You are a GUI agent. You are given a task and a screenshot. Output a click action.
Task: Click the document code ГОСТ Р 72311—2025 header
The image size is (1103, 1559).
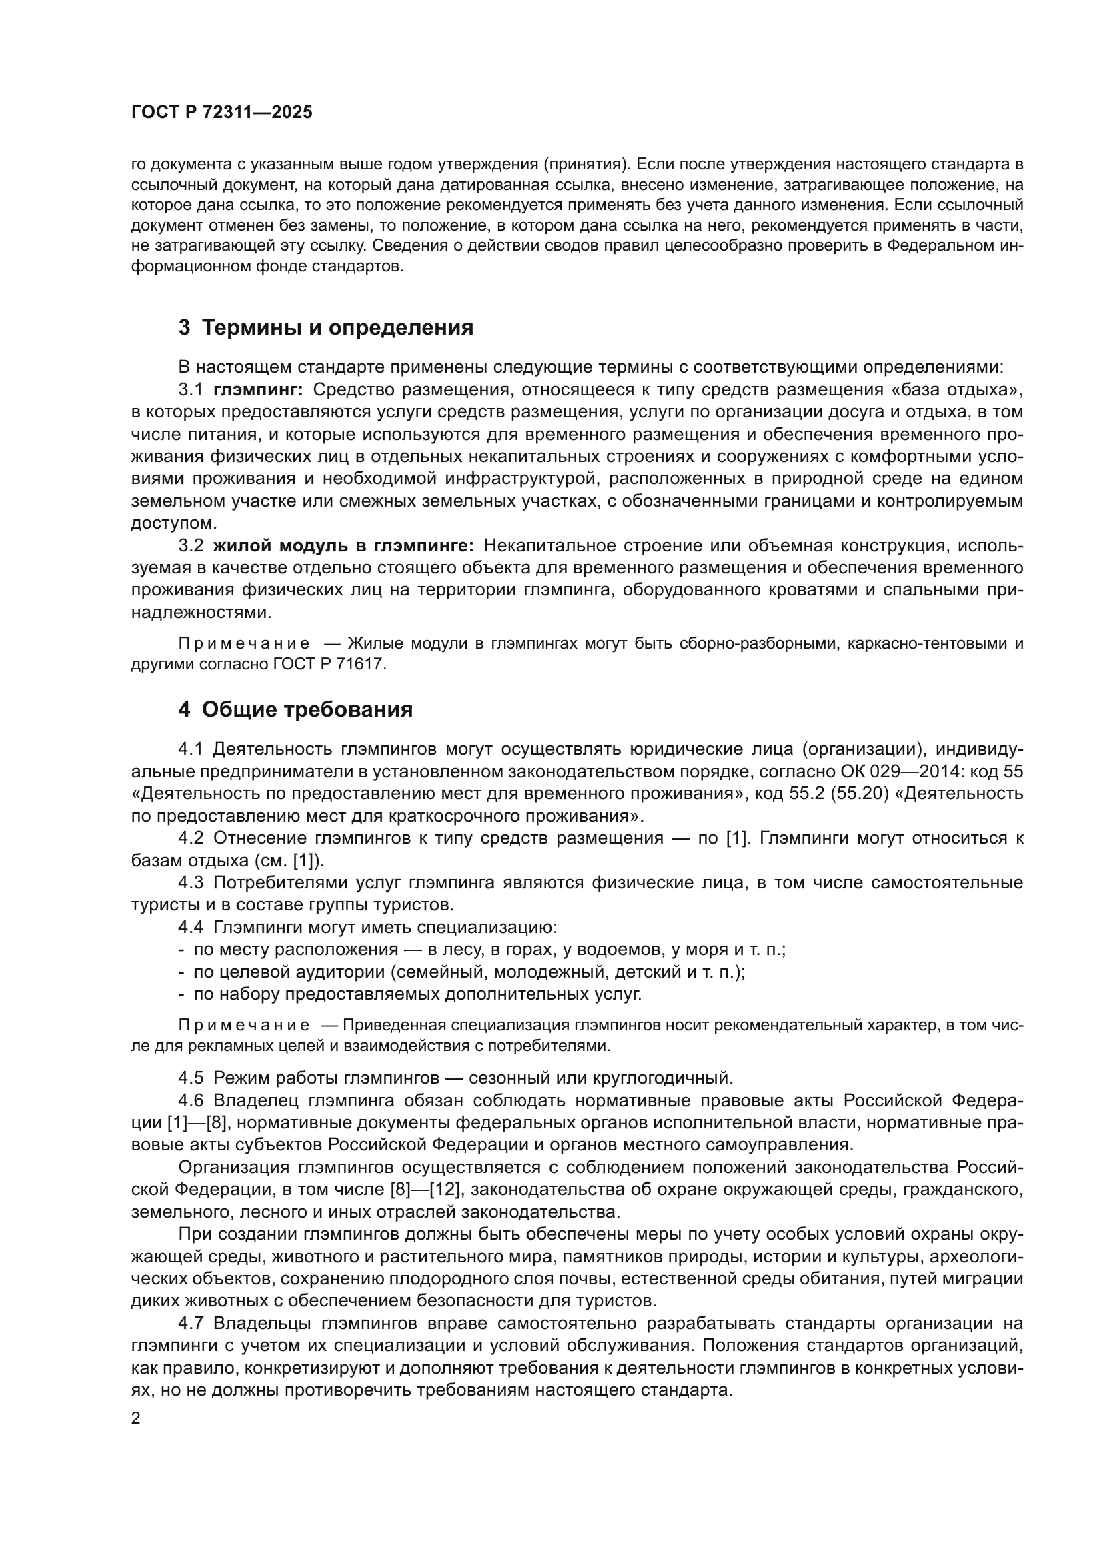(x=221, y=113)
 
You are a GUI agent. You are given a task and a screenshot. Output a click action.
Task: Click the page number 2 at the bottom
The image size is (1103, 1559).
(x=135, y=1418)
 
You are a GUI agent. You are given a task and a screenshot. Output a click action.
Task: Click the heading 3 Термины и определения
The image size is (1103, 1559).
(x=325, y=327)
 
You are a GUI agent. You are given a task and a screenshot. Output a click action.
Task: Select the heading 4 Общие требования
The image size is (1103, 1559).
(x=295, y=710)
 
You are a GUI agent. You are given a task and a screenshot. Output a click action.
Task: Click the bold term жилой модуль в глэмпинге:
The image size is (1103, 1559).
(x=343, y=545)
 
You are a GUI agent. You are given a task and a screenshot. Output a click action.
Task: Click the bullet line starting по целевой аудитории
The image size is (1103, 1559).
(x=469, y=972)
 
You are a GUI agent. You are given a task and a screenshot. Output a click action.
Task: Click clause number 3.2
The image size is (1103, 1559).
(x=191, y=545)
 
